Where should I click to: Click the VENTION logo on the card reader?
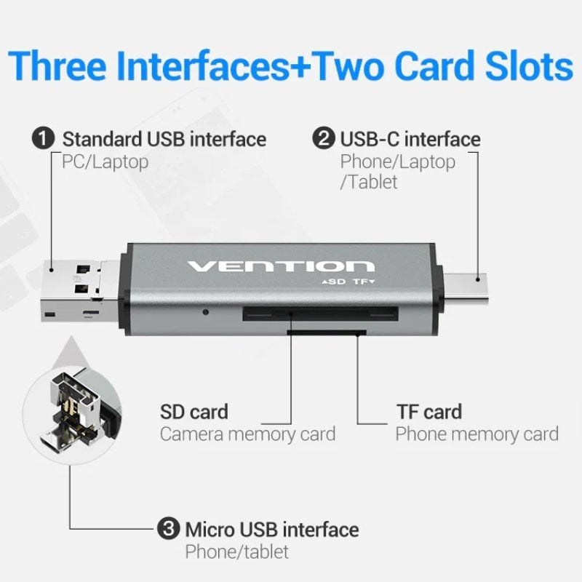click(x=281, y=266)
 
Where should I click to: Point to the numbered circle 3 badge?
click(x=168, y=529)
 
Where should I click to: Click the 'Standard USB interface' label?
click(x=164, y=139)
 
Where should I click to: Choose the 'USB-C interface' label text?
click(x=410, y=139)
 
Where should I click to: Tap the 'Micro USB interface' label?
click(x=271, y=529)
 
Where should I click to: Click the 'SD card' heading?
click(x=194, y=412)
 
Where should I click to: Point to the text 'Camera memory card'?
click(x=247, y=435)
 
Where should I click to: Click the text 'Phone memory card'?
click(x=477, y=435)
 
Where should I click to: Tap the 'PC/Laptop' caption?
click(x=100, y=162)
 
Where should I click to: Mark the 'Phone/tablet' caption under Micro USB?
click(x=236, y=551)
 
